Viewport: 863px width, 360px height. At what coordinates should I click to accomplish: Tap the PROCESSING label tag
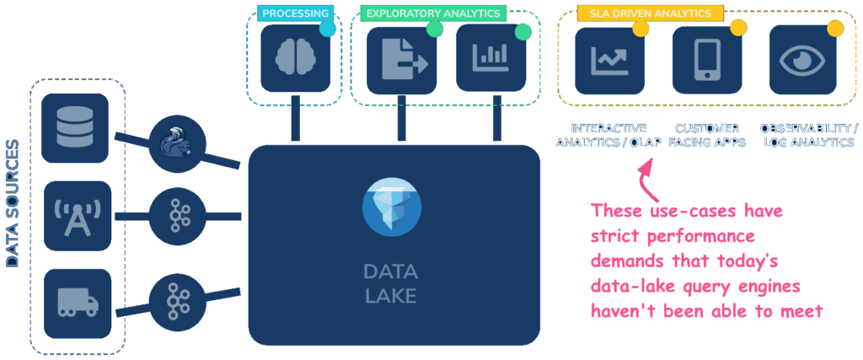click(295, 13)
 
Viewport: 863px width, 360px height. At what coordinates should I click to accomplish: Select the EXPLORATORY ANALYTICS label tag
click(433, 13)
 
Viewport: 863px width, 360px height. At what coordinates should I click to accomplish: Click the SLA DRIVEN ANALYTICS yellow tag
click(651, 13)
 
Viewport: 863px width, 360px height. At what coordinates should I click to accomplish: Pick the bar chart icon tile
click(490, 58)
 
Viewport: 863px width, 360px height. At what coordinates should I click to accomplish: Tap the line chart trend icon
click(609, 61)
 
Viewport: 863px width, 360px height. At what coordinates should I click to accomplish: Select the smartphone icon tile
click(706, 61)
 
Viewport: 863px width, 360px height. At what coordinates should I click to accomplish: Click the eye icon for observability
click(802, 61)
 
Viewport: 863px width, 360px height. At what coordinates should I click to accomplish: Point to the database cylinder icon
click(76, 127)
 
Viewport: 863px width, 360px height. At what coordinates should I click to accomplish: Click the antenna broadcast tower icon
click(76, 215)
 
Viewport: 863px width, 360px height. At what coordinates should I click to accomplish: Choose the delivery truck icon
click(76, 303)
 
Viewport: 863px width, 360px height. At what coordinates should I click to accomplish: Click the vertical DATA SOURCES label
click(13, 203)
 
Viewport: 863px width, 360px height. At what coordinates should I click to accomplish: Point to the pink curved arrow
click(645, 173)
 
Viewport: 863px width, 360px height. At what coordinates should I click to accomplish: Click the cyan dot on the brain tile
click(328, 29)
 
